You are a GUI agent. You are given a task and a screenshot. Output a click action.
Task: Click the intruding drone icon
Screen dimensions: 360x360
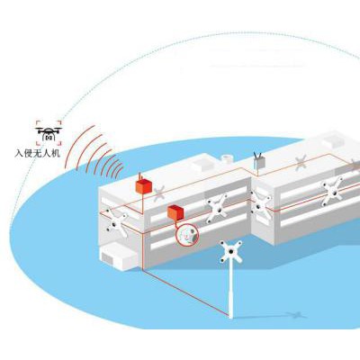(49, 132)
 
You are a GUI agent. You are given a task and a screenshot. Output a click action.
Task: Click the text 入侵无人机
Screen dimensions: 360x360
(38, 153)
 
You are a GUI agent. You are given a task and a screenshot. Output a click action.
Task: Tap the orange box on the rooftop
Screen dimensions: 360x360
(143, 186)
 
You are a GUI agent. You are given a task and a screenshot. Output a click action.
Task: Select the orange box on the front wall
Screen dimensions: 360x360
(175, 212)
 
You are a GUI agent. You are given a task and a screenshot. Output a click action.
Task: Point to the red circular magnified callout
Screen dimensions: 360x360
(186, 235)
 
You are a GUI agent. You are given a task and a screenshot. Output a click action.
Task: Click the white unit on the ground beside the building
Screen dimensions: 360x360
(119, 256)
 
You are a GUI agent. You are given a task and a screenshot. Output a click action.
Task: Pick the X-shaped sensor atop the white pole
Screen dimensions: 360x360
(230, 251)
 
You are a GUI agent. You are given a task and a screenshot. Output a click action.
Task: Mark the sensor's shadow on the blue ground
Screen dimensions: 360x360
(295, 315)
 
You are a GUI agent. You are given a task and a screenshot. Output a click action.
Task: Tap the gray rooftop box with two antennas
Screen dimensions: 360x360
(259, 162)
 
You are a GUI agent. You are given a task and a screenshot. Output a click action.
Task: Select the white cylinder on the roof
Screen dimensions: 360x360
(227, 159)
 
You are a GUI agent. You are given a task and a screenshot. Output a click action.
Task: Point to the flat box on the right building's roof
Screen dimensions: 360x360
(334, 140)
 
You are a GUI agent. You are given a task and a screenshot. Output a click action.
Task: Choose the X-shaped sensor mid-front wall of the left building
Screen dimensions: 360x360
(217, 208)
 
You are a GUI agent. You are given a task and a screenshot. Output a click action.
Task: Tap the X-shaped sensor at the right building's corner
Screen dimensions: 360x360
(260, 206)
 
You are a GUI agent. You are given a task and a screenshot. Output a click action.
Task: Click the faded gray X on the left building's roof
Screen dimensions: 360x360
(159, 193)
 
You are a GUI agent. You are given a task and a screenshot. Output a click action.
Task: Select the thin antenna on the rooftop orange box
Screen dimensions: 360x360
(139, 176)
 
